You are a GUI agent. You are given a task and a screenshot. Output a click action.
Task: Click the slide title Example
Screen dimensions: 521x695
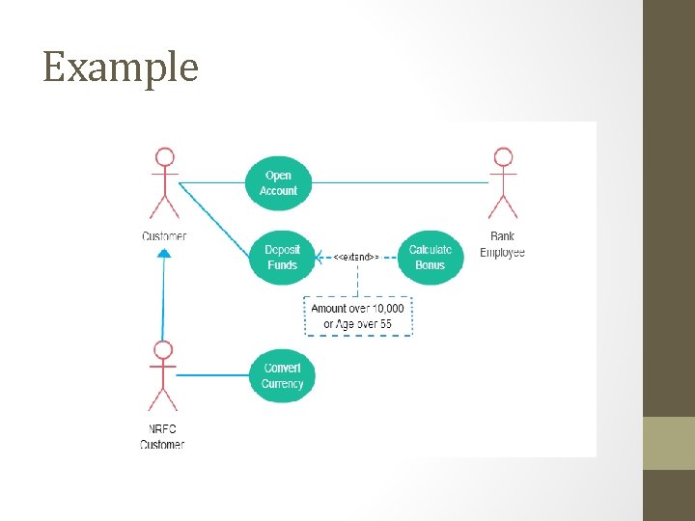click(x=121, y=68)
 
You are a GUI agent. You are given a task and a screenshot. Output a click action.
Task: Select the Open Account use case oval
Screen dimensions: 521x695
click(x=278, y=183)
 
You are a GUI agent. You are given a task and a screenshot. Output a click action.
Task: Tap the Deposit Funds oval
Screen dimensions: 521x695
click(x=282, y=257)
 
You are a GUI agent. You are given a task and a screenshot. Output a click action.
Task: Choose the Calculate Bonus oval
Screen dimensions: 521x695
click(x=430, y=257)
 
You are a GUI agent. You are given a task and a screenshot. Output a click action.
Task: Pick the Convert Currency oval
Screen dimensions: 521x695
click(x=282, y=375)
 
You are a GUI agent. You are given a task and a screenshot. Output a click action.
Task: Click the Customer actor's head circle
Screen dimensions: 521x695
click(x=165, y=157)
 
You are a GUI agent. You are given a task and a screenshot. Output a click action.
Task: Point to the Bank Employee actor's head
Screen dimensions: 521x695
click(x=501, y=157)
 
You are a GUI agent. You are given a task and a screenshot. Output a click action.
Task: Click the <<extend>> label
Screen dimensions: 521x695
click(x=355, y=258)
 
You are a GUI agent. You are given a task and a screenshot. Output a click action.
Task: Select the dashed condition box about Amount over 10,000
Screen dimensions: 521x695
click(x=357, y=316)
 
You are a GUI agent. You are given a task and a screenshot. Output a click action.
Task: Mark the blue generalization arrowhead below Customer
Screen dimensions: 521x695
click(x=164, y=253)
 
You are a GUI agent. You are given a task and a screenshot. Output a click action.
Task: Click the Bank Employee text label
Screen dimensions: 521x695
click(x=502, y=244)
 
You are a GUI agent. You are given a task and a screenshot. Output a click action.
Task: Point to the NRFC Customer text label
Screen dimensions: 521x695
click(x=161, y=437)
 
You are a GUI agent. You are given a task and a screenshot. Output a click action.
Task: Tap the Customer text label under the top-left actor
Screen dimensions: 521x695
click(x=164, y=236)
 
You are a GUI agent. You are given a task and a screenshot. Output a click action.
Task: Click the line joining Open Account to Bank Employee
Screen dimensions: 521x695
click(x=396, y=182)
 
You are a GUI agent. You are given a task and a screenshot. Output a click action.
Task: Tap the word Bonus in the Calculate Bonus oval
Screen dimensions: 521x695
click(x=430, y=264)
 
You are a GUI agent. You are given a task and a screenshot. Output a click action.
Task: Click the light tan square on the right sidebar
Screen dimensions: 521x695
click(x=668, y=443)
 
